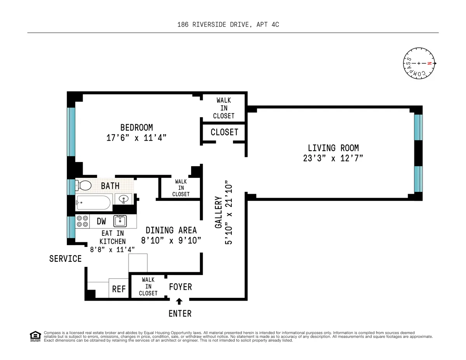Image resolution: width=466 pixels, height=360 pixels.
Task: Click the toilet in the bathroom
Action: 84,186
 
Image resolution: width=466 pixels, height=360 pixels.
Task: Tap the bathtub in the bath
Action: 93,202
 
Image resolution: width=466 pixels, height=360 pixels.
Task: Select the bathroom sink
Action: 124,200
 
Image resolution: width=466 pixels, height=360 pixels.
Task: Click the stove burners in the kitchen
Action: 82,221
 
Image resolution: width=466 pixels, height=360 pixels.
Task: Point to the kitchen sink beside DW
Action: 119,221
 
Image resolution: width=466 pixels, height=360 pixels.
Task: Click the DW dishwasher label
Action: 101,221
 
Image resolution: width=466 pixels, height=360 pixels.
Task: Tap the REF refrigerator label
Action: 119,289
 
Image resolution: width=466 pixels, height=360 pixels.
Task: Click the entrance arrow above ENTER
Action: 179,301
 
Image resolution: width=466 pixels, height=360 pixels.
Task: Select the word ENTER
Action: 180,313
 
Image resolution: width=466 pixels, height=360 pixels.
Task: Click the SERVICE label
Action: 65,259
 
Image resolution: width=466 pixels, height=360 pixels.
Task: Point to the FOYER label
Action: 180,287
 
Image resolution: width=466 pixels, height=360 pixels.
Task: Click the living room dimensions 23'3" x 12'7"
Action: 333,158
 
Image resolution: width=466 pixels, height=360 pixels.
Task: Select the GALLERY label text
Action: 219,212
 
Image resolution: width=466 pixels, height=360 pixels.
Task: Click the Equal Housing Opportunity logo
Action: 35,336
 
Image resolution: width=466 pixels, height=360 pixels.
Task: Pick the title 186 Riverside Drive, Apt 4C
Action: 228,24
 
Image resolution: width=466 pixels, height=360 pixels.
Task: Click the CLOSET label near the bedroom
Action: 224,132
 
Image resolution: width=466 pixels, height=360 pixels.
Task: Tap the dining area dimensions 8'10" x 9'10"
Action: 171,240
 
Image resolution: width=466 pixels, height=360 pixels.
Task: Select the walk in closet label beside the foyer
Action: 148,286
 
